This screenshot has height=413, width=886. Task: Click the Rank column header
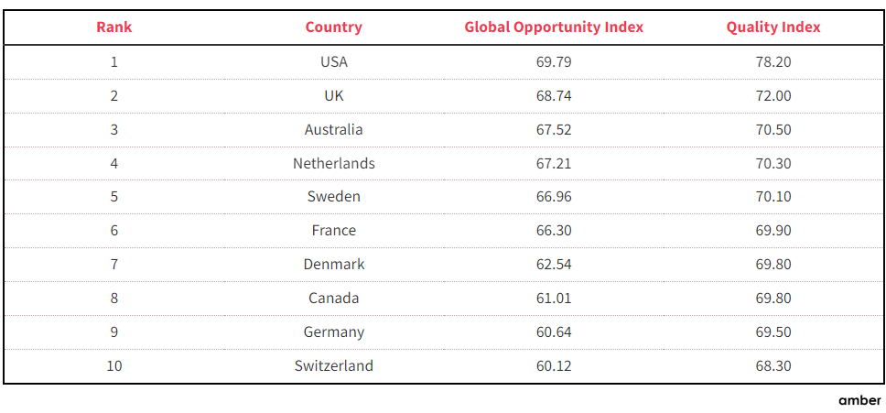pos(114,27)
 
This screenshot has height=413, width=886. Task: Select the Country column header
pos(333,27)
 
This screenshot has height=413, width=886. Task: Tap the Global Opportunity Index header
pos(554,27)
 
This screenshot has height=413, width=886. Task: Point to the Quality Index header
pos(773,27)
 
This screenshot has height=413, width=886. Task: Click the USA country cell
pos(334,62)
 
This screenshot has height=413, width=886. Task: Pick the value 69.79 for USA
pos(554,62)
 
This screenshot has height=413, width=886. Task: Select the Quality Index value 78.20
pos(773,62)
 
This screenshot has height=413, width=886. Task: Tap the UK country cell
pos(334,96)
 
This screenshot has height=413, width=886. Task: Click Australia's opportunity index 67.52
pos(554,130)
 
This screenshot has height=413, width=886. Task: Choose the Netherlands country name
pos(334,164)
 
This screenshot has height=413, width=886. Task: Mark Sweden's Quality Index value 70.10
pos(773,197)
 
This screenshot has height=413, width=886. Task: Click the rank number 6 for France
pos(114,231)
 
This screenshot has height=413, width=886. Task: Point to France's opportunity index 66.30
pos(554,231)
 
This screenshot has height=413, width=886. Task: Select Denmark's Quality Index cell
pos(773,265)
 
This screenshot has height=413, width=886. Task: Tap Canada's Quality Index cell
pos(773,299)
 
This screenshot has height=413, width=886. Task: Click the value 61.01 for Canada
pos(554,299)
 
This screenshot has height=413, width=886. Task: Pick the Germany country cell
pos(334,332)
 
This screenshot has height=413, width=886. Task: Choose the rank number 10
pos(114,365)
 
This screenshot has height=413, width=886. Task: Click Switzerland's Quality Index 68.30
pos(773,365)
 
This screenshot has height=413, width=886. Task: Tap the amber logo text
pos(859,400)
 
